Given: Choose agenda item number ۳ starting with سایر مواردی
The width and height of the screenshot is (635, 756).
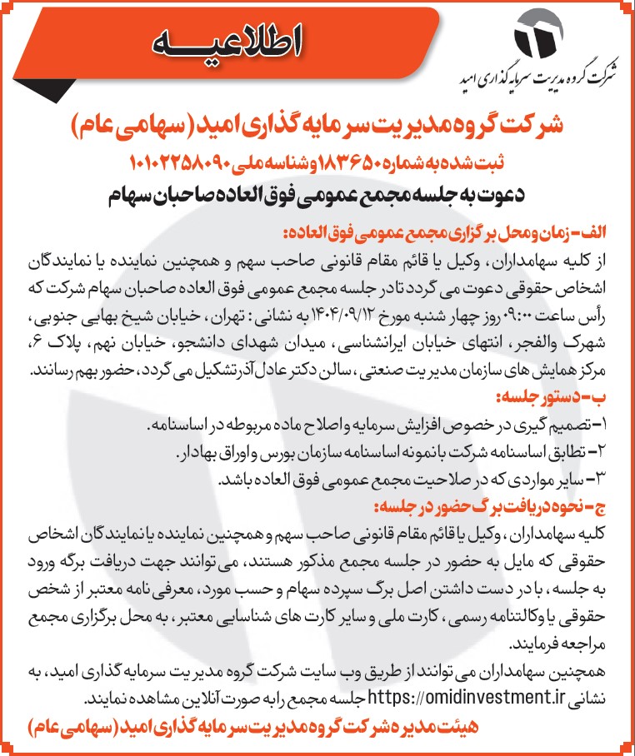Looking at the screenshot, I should click(x=412, y=480).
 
